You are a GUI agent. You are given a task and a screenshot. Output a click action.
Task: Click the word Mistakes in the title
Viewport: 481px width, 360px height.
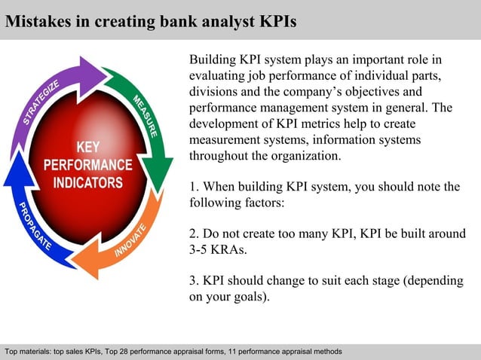[38, 21]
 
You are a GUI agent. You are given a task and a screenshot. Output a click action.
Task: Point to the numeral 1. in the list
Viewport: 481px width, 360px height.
[194, 187]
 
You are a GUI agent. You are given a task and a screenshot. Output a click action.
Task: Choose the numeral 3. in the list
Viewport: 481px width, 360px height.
[194, 282]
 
